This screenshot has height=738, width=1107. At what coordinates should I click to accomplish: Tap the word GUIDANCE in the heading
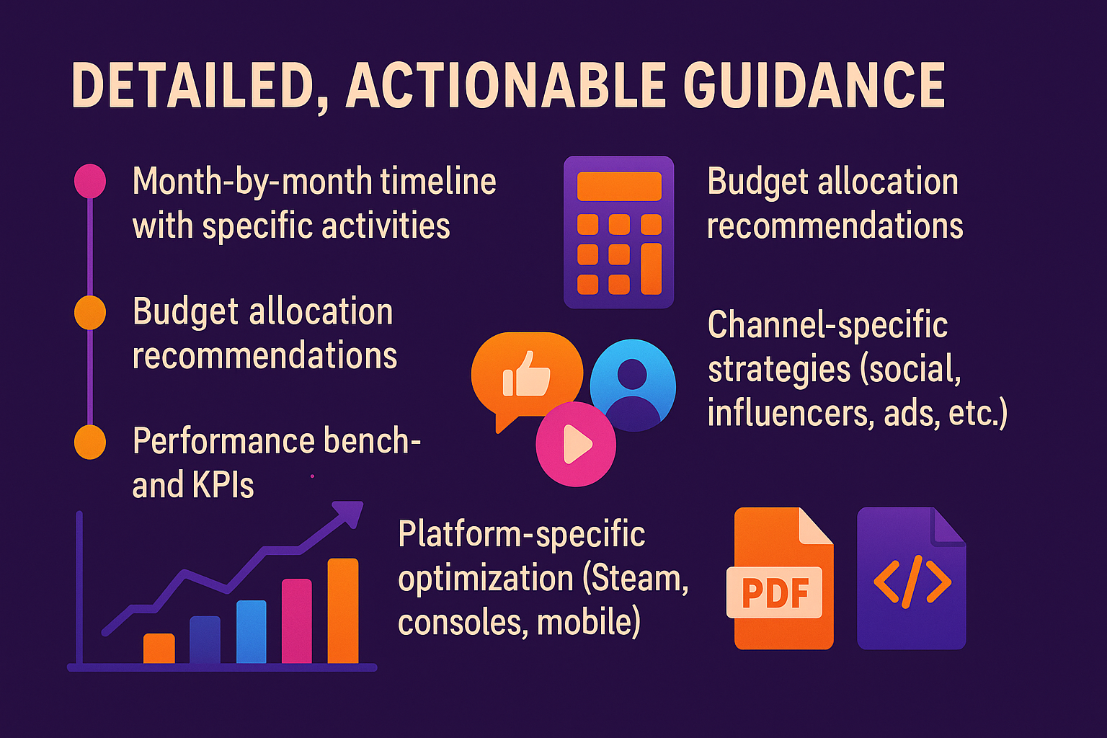coord(814,86)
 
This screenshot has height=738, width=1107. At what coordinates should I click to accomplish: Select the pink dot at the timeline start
coord(90,181)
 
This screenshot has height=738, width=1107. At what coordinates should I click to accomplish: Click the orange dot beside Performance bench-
coord(90,442)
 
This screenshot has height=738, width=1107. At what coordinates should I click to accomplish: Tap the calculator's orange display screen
coord(619,186)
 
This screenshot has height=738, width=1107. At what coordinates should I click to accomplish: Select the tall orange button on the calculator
coord(651,269)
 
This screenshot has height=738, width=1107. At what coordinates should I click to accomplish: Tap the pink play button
coord(576,445)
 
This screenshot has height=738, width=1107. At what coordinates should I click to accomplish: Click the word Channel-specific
coord(827,325)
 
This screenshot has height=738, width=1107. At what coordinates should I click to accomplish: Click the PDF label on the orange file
coord(775,592)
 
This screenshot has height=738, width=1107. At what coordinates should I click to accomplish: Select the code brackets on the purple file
coord(912,580)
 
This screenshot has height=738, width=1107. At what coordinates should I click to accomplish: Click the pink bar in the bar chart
coord(296,621)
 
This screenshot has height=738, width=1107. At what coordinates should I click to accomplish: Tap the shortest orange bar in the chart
coord(159,648)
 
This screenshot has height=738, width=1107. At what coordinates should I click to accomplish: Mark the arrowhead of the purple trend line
coord(350,513)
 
